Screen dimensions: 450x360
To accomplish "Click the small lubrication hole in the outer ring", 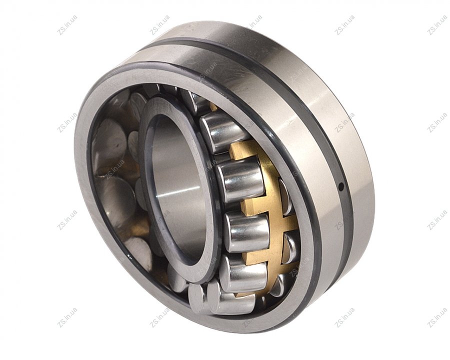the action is pyautogui.click(x=340, y=187).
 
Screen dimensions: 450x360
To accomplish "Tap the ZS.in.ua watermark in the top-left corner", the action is pyautogui.click(x=67, y=25).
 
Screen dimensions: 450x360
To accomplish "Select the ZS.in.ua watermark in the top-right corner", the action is pyautogui.click(x=437, y=25).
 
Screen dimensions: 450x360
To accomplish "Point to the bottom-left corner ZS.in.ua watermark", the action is pyautogui.click(x=67, y=318).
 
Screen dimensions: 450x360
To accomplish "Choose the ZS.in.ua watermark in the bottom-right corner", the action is pyautogui.click(x=437, y=318).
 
